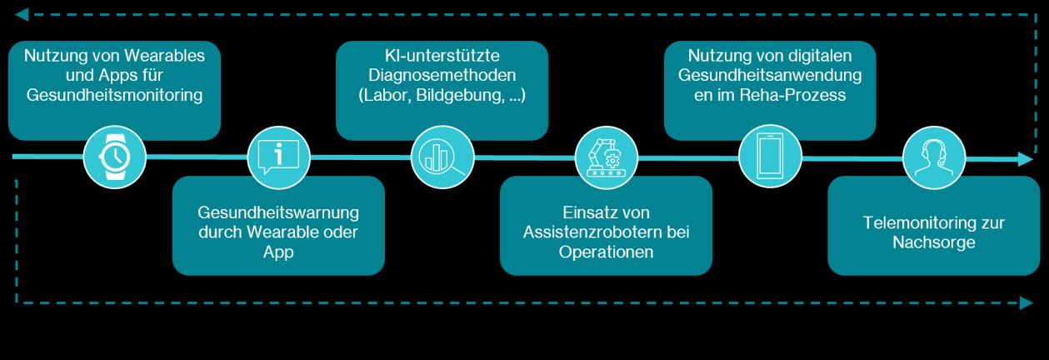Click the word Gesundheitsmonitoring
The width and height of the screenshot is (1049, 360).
[x=115, y=95]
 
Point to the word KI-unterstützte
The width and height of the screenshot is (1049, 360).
[x=442, y=56]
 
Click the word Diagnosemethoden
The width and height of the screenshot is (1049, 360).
[x=442, y=76]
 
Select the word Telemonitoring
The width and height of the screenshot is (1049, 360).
[x=933, y=223]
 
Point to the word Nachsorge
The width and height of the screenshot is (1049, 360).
[x=933, y=242]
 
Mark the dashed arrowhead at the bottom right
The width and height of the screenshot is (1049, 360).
[x=1027, y=303]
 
